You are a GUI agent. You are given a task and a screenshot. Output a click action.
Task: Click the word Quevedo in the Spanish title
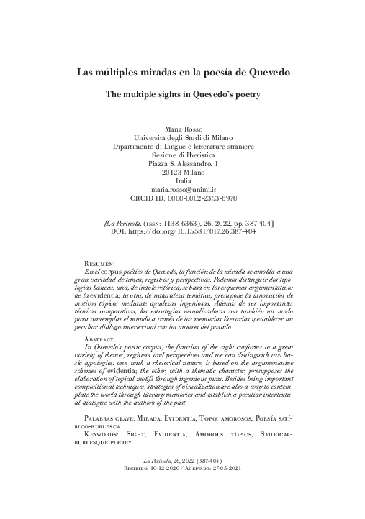tap(263, 73)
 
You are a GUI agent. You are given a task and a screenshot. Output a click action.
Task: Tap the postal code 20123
tap(169, 172)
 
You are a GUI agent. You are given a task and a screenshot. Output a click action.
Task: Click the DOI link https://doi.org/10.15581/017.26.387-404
tap(191, 233)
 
